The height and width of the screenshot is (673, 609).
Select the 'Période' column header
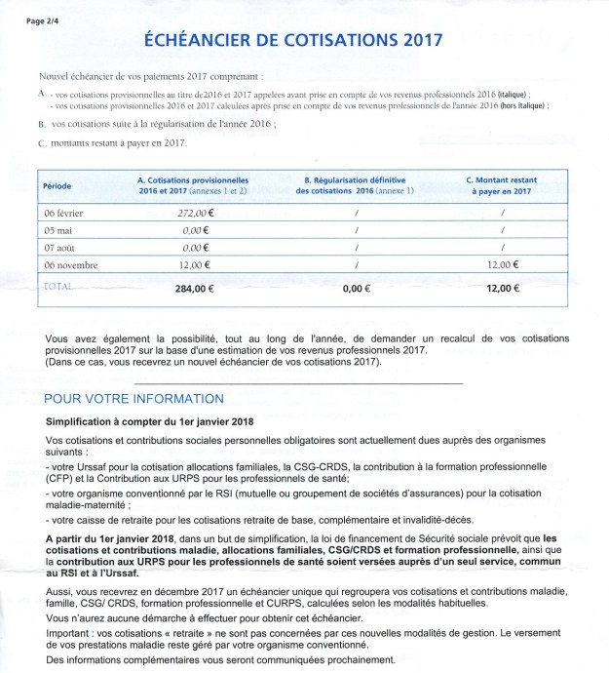point(57,185)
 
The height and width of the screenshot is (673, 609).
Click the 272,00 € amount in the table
point(198,212)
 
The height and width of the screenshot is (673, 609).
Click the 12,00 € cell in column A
point(202,264)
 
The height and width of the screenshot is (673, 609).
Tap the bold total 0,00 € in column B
point(360,289)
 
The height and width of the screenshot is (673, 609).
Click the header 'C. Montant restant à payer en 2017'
point(502,185)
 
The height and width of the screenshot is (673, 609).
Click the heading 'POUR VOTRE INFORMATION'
point(134,399)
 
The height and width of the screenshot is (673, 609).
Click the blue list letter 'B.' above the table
point(41,126)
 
